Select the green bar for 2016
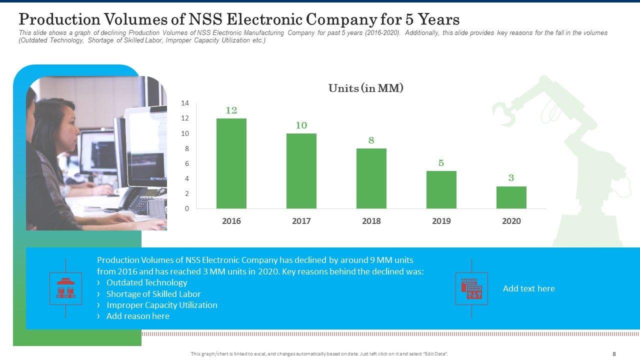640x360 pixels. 231,163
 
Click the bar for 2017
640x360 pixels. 301,171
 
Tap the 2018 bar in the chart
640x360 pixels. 371,178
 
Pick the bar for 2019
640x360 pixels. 441,190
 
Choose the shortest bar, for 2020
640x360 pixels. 511,197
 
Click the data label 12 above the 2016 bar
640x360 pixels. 231,110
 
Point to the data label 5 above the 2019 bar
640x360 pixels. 441,163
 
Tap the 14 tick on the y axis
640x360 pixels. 185,103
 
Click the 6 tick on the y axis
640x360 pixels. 186,163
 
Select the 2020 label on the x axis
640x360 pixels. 511,221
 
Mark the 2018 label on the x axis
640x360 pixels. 371,221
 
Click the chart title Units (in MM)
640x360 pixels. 365,88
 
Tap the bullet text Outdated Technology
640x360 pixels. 146,283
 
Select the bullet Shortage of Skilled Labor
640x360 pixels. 153,294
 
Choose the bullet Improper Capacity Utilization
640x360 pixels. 161,305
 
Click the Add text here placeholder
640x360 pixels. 528,288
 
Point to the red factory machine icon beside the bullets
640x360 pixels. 66,288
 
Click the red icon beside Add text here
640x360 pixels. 471,288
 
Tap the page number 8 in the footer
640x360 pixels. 614,354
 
